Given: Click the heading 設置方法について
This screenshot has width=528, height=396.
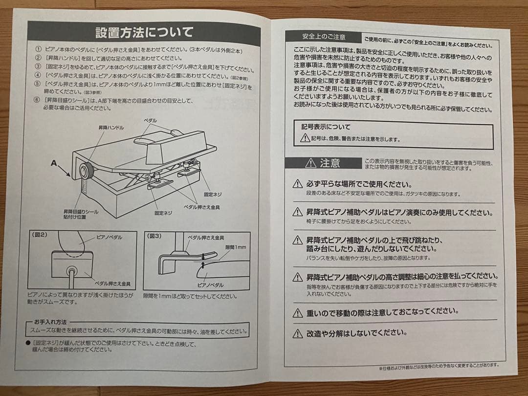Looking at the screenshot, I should point(144,33).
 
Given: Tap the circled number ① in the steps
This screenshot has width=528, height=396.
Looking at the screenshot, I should point(39,50).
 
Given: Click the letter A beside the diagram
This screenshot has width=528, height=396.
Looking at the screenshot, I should point(54,163).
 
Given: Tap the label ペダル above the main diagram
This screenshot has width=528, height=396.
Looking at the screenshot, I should point(150,120).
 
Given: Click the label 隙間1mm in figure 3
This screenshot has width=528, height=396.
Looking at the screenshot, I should point(235,247).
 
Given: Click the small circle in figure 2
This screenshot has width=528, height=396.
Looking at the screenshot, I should point(72,270).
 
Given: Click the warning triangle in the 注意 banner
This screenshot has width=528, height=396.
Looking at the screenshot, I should point(310,163).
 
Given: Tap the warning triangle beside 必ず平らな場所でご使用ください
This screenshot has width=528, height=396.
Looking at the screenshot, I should point(297,184).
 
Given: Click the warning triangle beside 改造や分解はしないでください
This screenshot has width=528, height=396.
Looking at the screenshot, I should point(297,334).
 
